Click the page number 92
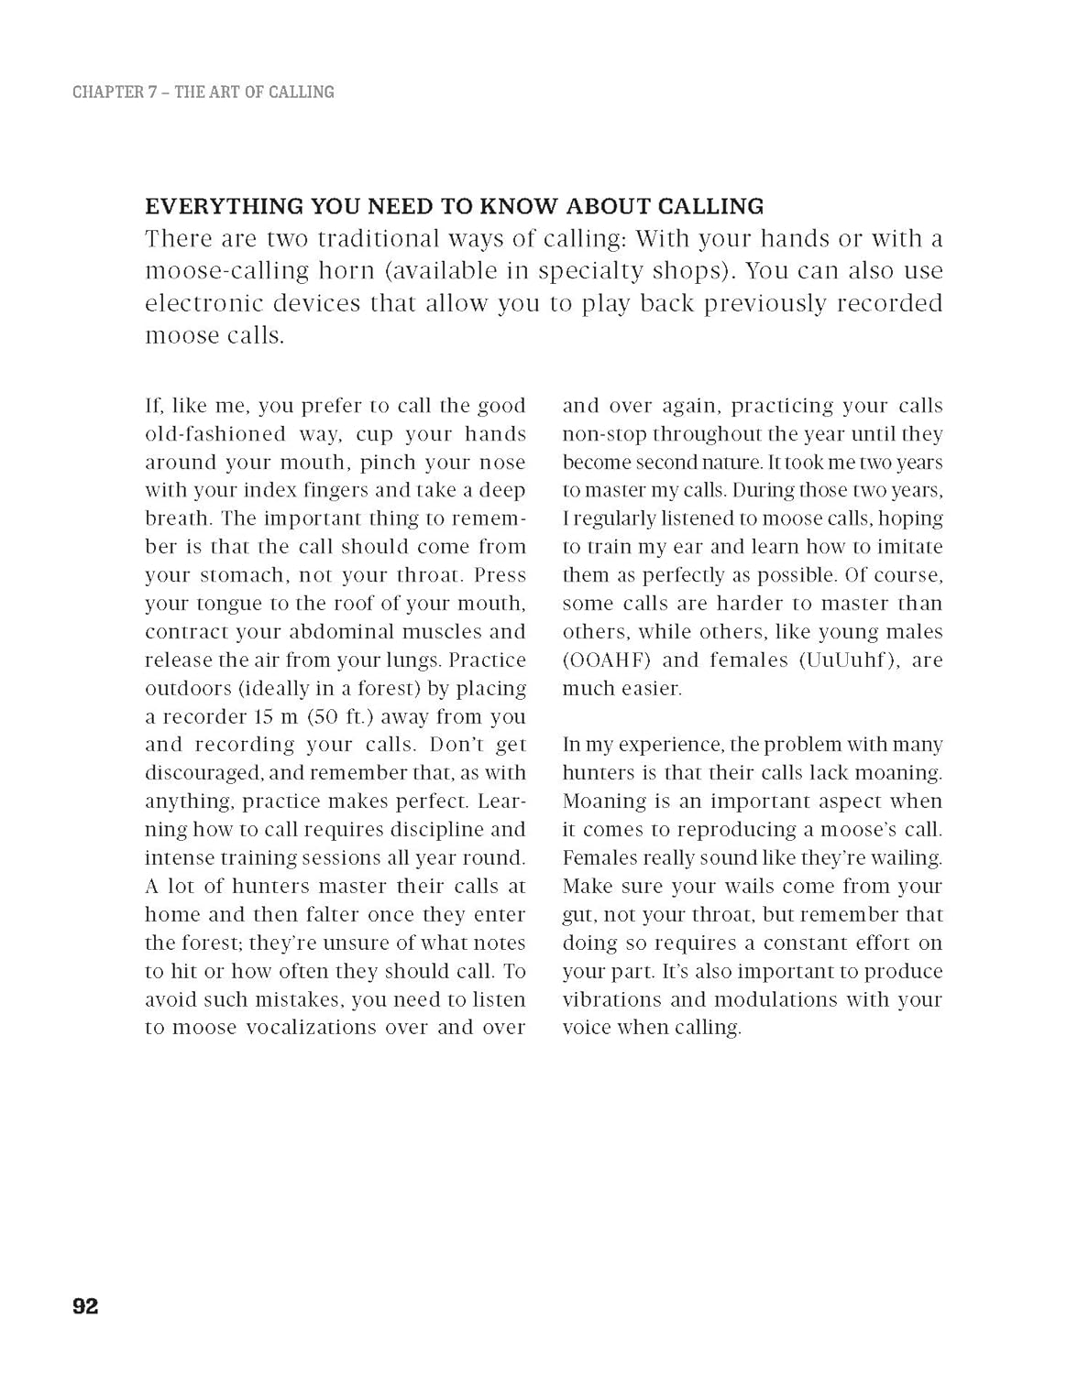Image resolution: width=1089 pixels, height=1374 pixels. tap(85, 1306)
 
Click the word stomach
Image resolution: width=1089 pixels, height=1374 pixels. tap(239, 575)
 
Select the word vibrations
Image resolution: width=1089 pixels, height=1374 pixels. tap(612, 999)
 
